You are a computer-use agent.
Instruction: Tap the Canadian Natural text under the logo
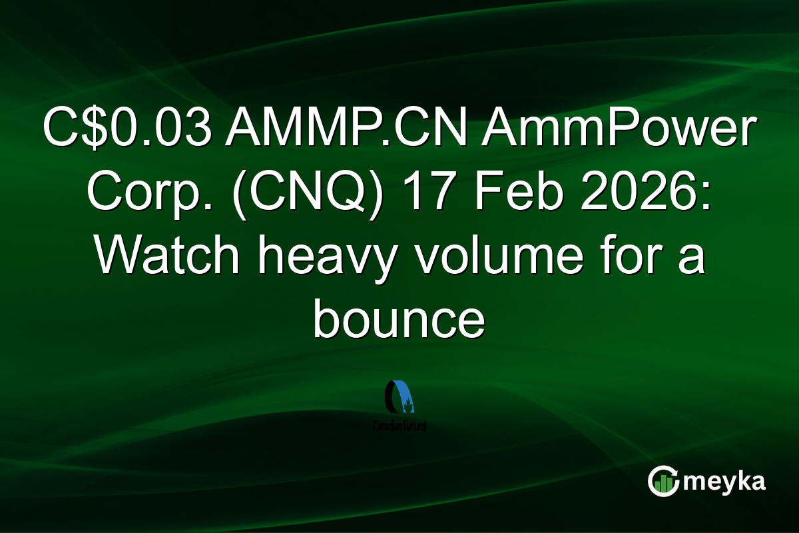point(400,425)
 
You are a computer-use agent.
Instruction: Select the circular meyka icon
point(664,481)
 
